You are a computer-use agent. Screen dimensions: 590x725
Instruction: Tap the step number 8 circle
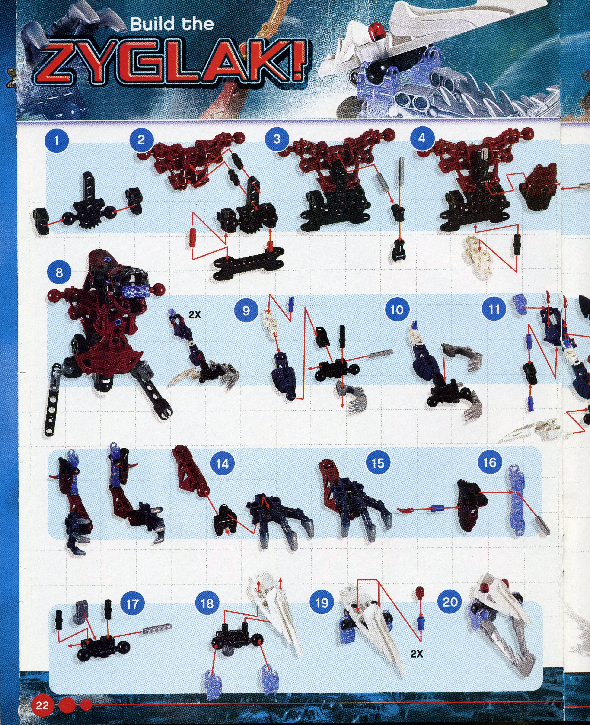[59, 272]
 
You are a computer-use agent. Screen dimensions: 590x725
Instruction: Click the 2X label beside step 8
[195, 315]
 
